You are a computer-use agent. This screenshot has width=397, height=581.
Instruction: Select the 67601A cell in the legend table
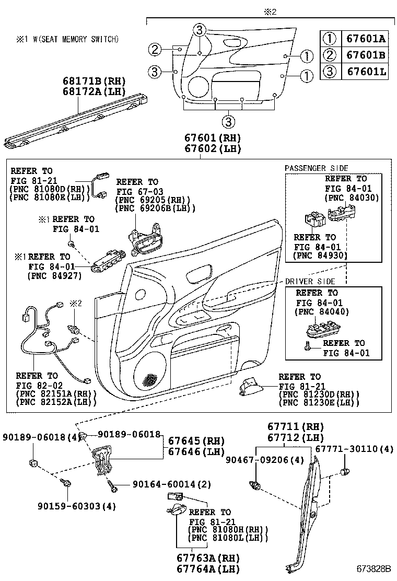click(364, 38)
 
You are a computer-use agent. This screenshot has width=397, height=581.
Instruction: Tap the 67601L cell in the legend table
click(364, 72)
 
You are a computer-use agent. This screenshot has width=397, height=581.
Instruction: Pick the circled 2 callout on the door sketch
click(154, 50)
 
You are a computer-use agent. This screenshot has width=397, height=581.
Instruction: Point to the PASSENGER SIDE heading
click(316, 168)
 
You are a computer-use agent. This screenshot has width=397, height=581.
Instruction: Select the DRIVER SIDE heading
click(310, 282)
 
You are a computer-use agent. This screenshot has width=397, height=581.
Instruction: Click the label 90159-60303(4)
click(77, 506)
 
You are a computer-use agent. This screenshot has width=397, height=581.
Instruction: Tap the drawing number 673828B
click(374, 568)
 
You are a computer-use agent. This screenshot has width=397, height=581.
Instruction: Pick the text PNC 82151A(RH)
click(55, 393)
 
